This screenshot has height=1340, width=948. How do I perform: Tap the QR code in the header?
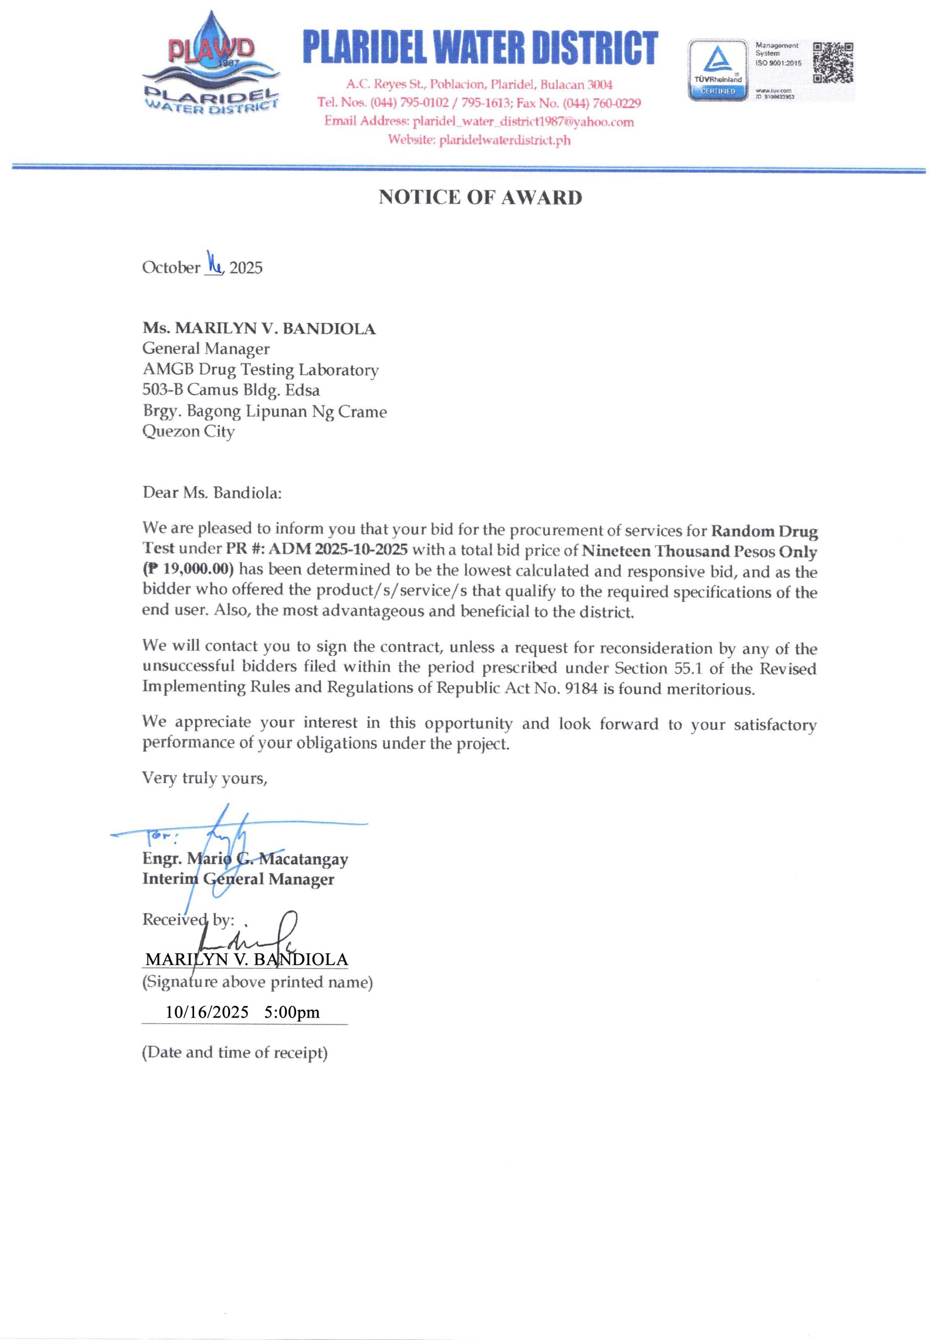833,62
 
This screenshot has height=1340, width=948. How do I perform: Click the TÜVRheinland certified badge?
718,70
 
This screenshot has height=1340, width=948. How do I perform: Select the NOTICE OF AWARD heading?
480,197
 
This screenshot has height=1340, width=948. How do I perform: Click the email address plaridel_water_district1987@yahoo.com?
523,121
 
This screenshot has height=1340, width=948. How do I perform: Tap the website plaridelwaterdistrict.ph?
505,140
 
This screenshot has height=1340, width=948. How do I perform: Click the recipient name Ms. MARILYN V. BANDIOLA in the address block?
258,329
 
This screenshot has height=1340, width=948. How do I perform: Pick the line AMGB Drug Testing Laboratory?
261,370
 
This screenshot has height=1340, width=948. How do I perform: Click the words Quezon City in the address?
188,431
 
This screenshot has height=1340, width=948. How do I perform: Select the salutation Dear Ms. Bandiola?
212,493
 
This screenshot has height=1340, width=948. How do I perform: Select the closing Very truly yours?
205,778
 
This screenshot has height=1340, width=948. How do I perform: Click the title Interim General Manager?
238,879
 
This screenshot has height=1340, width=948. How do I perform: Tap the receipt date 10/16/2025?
207,1012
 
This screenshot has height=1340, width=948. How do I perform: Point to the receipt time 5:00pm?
292,1012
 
